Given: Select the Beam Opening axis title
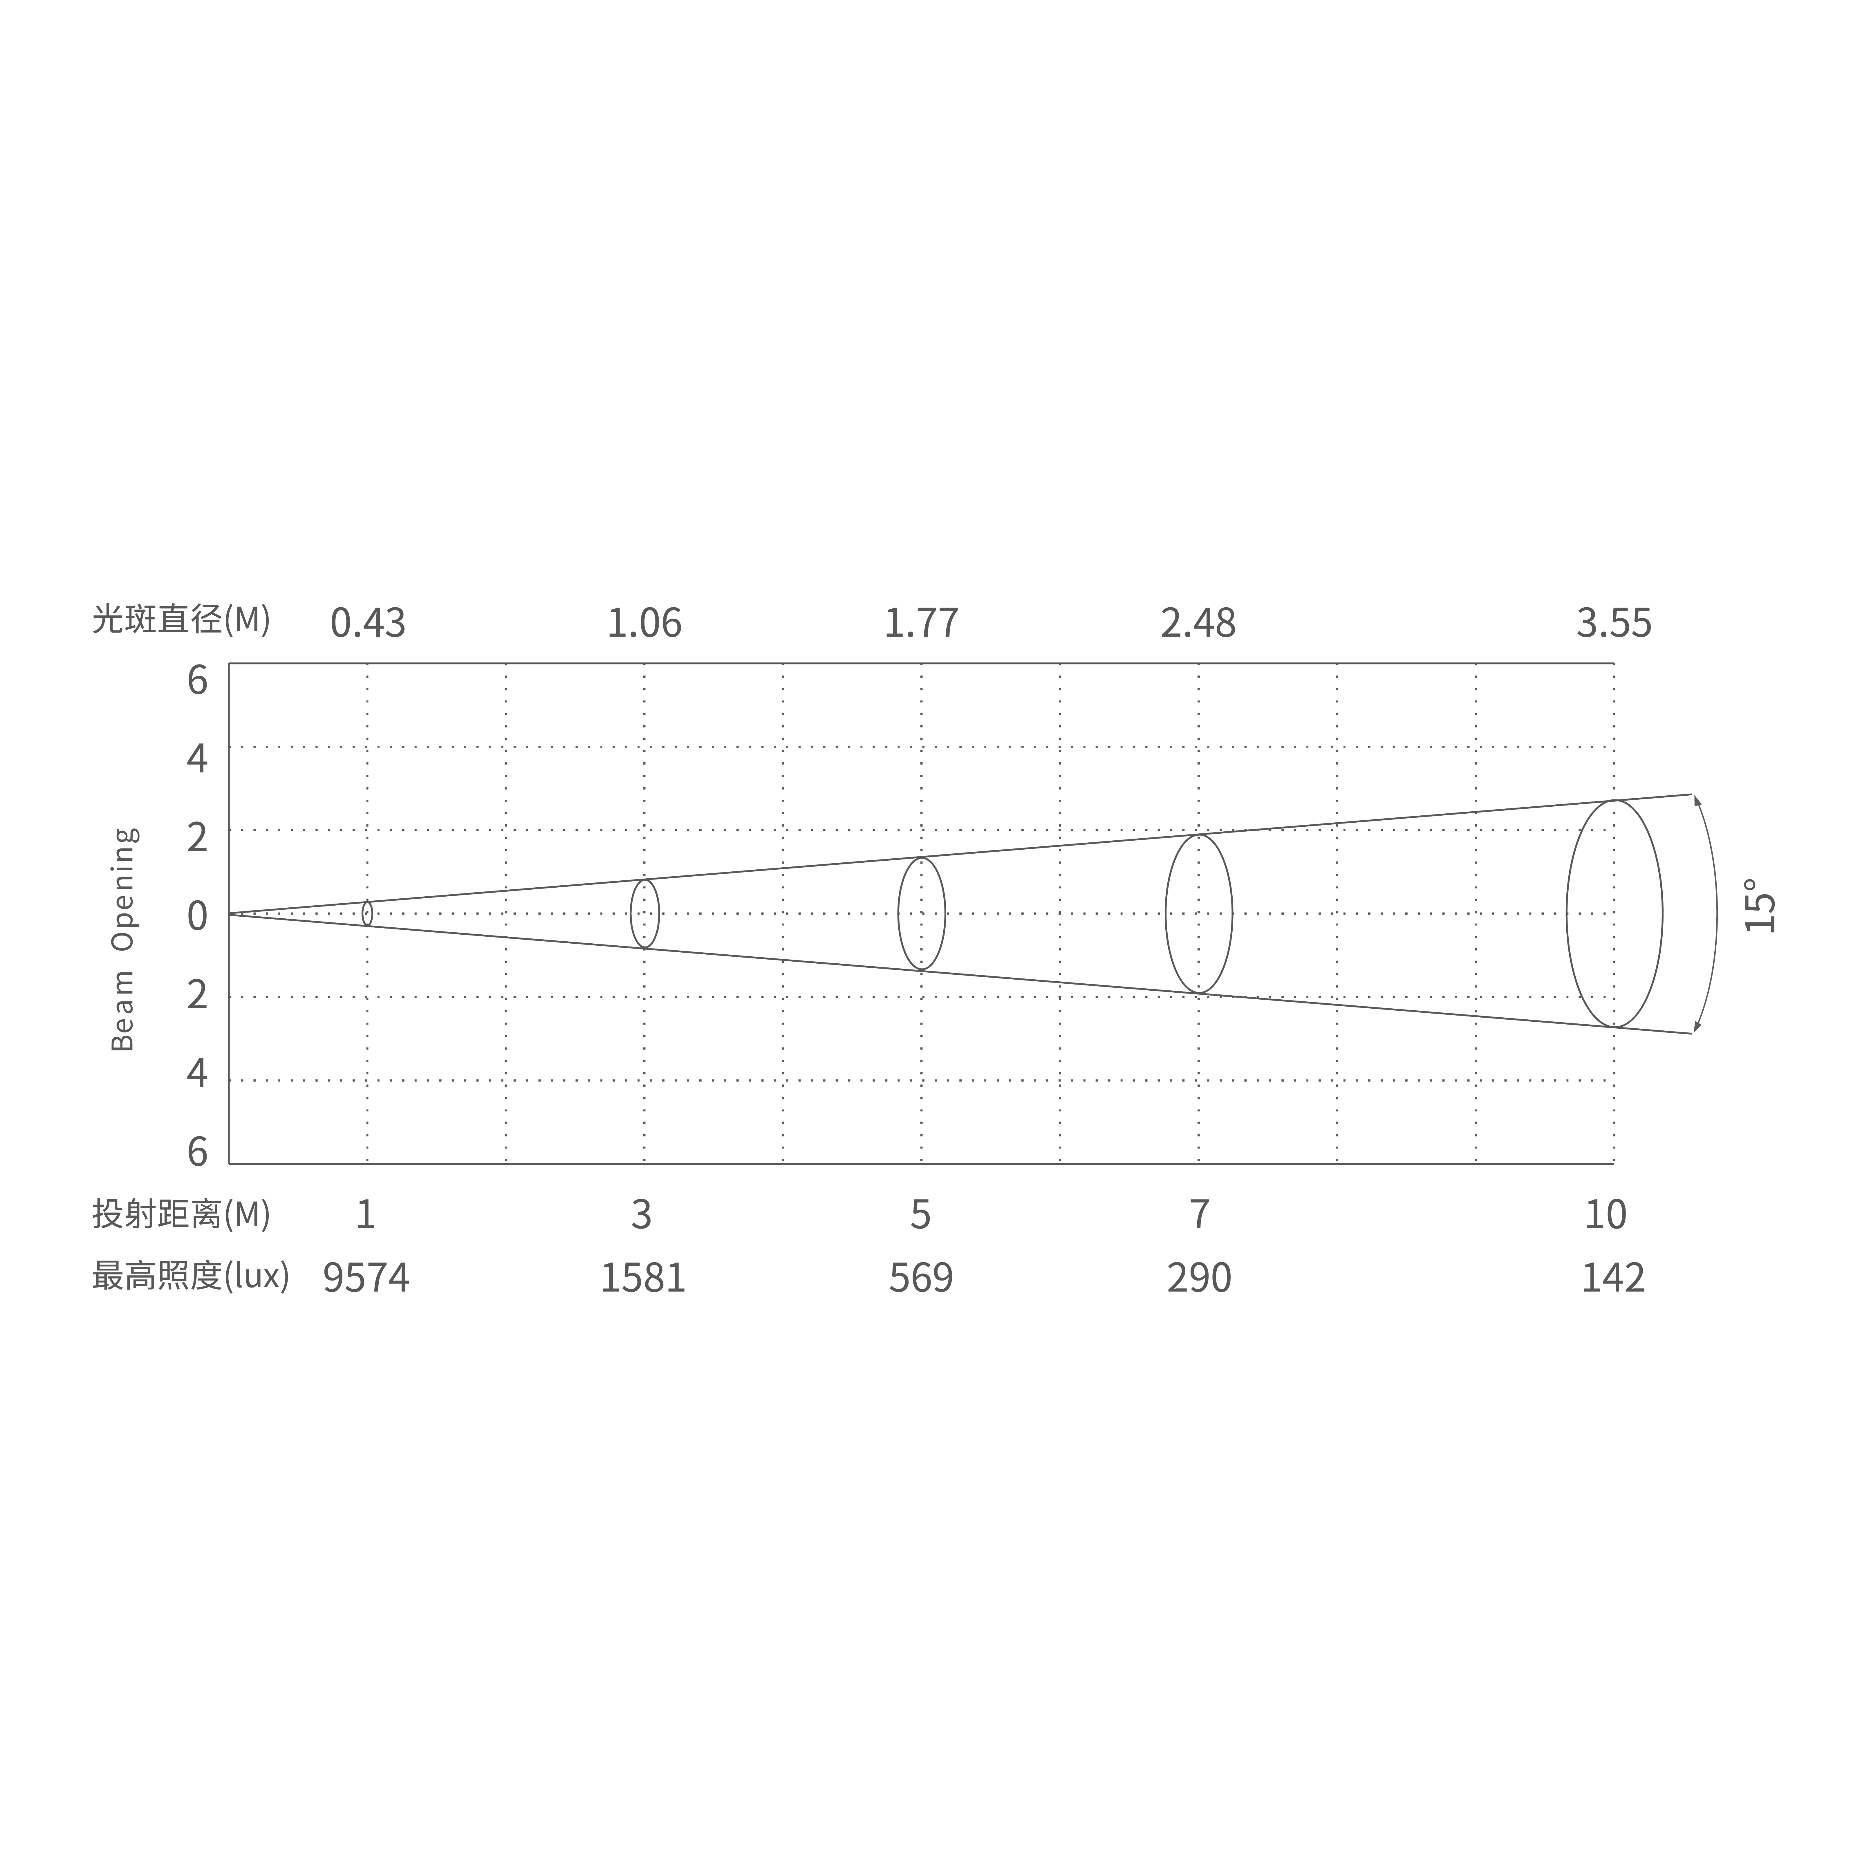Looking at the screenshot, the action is [x=124, y=939].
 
